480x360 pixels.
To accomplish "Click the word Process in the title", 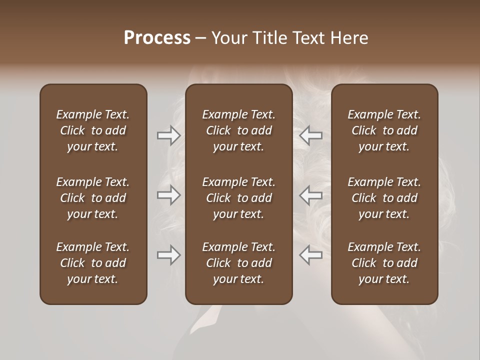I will click(157, 38).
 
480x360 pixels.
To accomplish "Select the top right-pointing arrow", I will click(168, 135).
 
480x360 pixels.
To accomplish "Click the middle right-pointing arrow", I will click(168, 195).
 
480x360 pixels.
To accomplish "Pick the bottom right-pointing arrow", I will click(168, 255).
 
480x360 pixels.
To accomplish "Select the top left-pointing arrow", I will click(311, 135).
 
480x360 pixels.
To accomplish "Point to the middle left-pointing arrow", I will click(311, 195).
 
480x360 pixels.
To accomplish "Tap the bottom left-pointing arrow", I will click(311, 255).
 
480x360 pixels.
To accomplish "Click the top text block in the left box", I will click(93, 130).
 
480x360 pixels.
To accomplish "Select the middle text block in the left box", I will click(93, 198).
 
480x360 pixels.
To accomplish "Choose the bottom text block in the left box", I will click(93, 263).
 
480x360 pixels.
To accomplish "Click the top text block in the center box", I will click(238, 130).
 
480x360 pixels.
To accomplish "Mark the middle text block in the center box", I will click(238, 198).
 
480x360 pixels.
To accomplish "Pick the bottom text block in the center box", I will click(238, 263).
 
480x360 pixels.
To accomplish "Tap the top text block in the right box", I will click(384, 130).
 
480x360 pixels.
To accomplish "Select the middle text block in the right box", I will click(384, 198).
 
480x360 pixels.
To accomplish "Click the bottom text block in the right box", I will click(384, 263).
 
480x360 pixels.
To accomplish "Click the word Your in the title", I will click(228, 38).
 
